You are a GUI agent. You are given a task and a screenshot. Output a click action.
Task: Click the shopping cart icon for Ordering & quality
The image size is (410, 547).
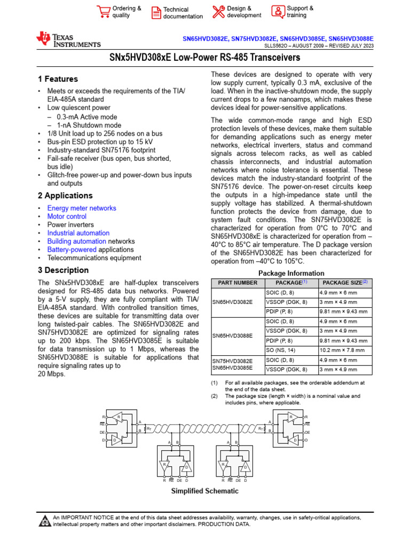(x=103, y=12)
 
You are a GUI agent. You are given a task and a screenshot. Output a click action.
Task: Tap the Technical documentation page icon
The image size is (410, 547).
(x=155, y=13)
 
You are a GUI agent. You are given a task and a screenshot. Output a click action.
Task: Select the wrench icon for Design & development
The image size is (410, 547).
(x=218, y=12)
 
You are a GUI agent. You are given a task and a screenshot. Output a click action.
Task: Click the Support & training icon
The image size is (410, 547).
(x=278, y=12)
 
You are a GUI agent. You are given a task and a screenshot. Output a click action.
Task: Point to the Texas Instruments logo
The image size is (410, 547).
(x=68, y=40)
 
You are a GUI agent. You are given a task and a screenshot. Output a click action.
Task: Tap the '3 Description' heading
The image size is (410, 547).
(x=63, y=270)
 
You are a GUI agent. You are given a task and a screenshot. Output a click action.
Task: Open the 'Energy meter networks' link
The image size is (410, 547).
(x=82, y=208)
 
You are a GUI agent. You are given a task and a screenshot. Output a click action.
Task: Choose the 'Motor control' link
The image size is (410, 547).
(x=67, y=216)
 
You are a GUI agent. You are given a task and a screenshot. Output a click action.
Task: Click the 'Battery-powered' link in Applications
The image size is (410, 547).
(x=72, y=249)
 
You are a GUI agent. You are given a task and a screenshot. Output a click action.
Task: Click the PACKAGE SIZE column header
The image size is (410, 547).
(x=344, y=282)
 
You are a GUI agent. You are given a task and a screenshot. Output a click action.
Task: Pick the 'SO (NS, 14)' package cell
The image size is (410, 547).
(x=282, y=350)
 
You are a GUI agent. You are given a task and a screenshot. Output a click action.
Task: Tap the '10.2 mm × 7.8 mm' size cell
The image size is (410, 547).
(x=342, y=350)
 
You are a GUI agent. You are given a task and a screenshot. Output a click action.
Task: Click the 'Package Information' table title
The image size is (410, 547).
(x=291, y=273)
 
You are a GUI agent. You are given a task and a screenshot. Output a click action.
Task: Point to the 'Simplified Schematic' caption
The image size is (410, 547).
(x=204, y=491)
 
